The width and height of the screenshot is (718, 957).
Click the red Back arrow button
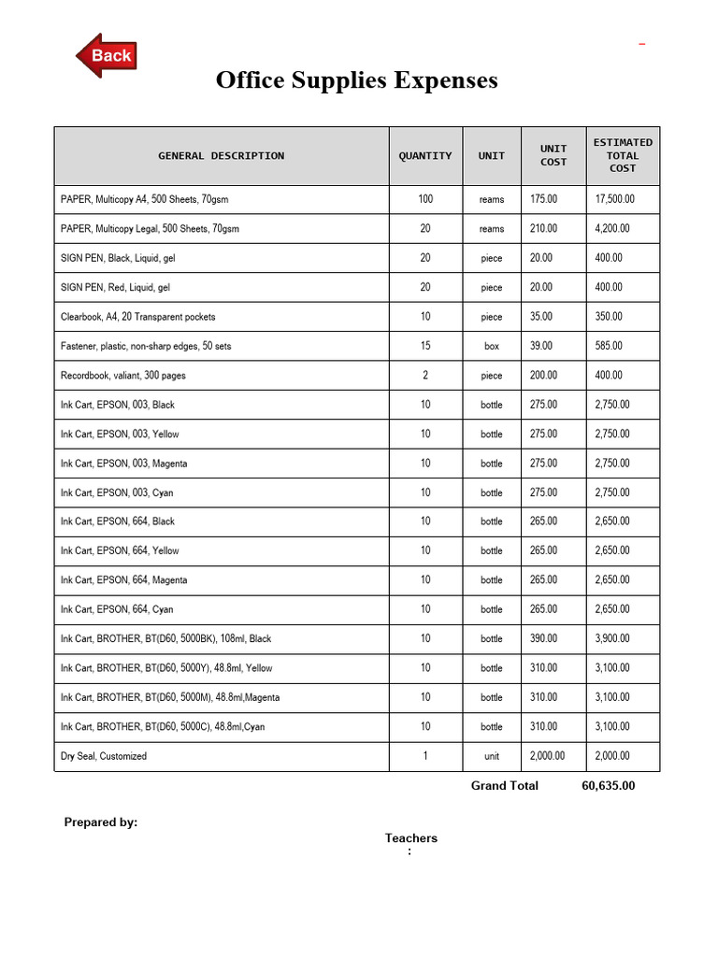(107, 56)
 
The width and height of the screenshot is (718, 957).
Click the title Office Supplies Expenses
(356, 80)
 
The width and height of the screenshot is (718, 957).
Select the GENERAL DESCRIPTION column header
(221, 156)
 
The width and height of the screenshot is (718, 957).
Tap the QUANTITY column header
(424, 156)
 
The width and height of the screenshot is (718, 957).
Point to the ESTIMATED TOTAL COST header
(623, 155)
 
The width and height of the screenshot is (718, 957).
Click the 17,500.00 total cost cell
(614, 199)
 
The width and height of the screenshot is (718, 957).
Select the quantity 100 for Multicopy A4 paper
(425, 199)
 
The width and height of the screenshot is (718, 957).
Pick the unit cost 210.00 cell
(543, 228)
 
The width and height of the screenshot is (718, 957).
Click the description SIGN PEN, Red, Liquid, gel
(115, 287)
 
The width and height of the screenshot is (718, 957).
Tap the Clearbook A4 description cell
(137, 317)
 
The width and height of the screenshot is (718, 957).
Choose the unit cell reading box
(492, 346)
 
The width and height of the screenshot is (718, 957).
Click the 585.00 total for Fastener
(609, 346)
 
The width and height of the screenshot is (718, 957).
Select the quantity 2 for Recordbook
(425, 375)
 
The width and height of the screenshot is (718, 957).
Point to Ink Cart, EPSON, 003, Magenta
(123, 464)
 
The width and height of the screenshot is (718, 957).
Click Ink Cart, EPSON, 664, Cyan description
(117, 609)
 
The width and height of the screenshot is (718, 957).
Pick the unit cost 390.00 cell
(543, 638)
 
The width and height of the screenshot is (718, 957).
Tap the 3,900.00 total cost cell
(612, 638)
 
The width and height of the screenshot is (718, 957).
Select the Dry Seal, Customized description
(104, 756)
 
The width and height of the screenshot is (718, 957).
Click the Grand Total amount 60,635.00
(608, 786)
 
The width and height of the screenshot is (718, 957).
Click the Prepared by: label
(100, 822)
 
